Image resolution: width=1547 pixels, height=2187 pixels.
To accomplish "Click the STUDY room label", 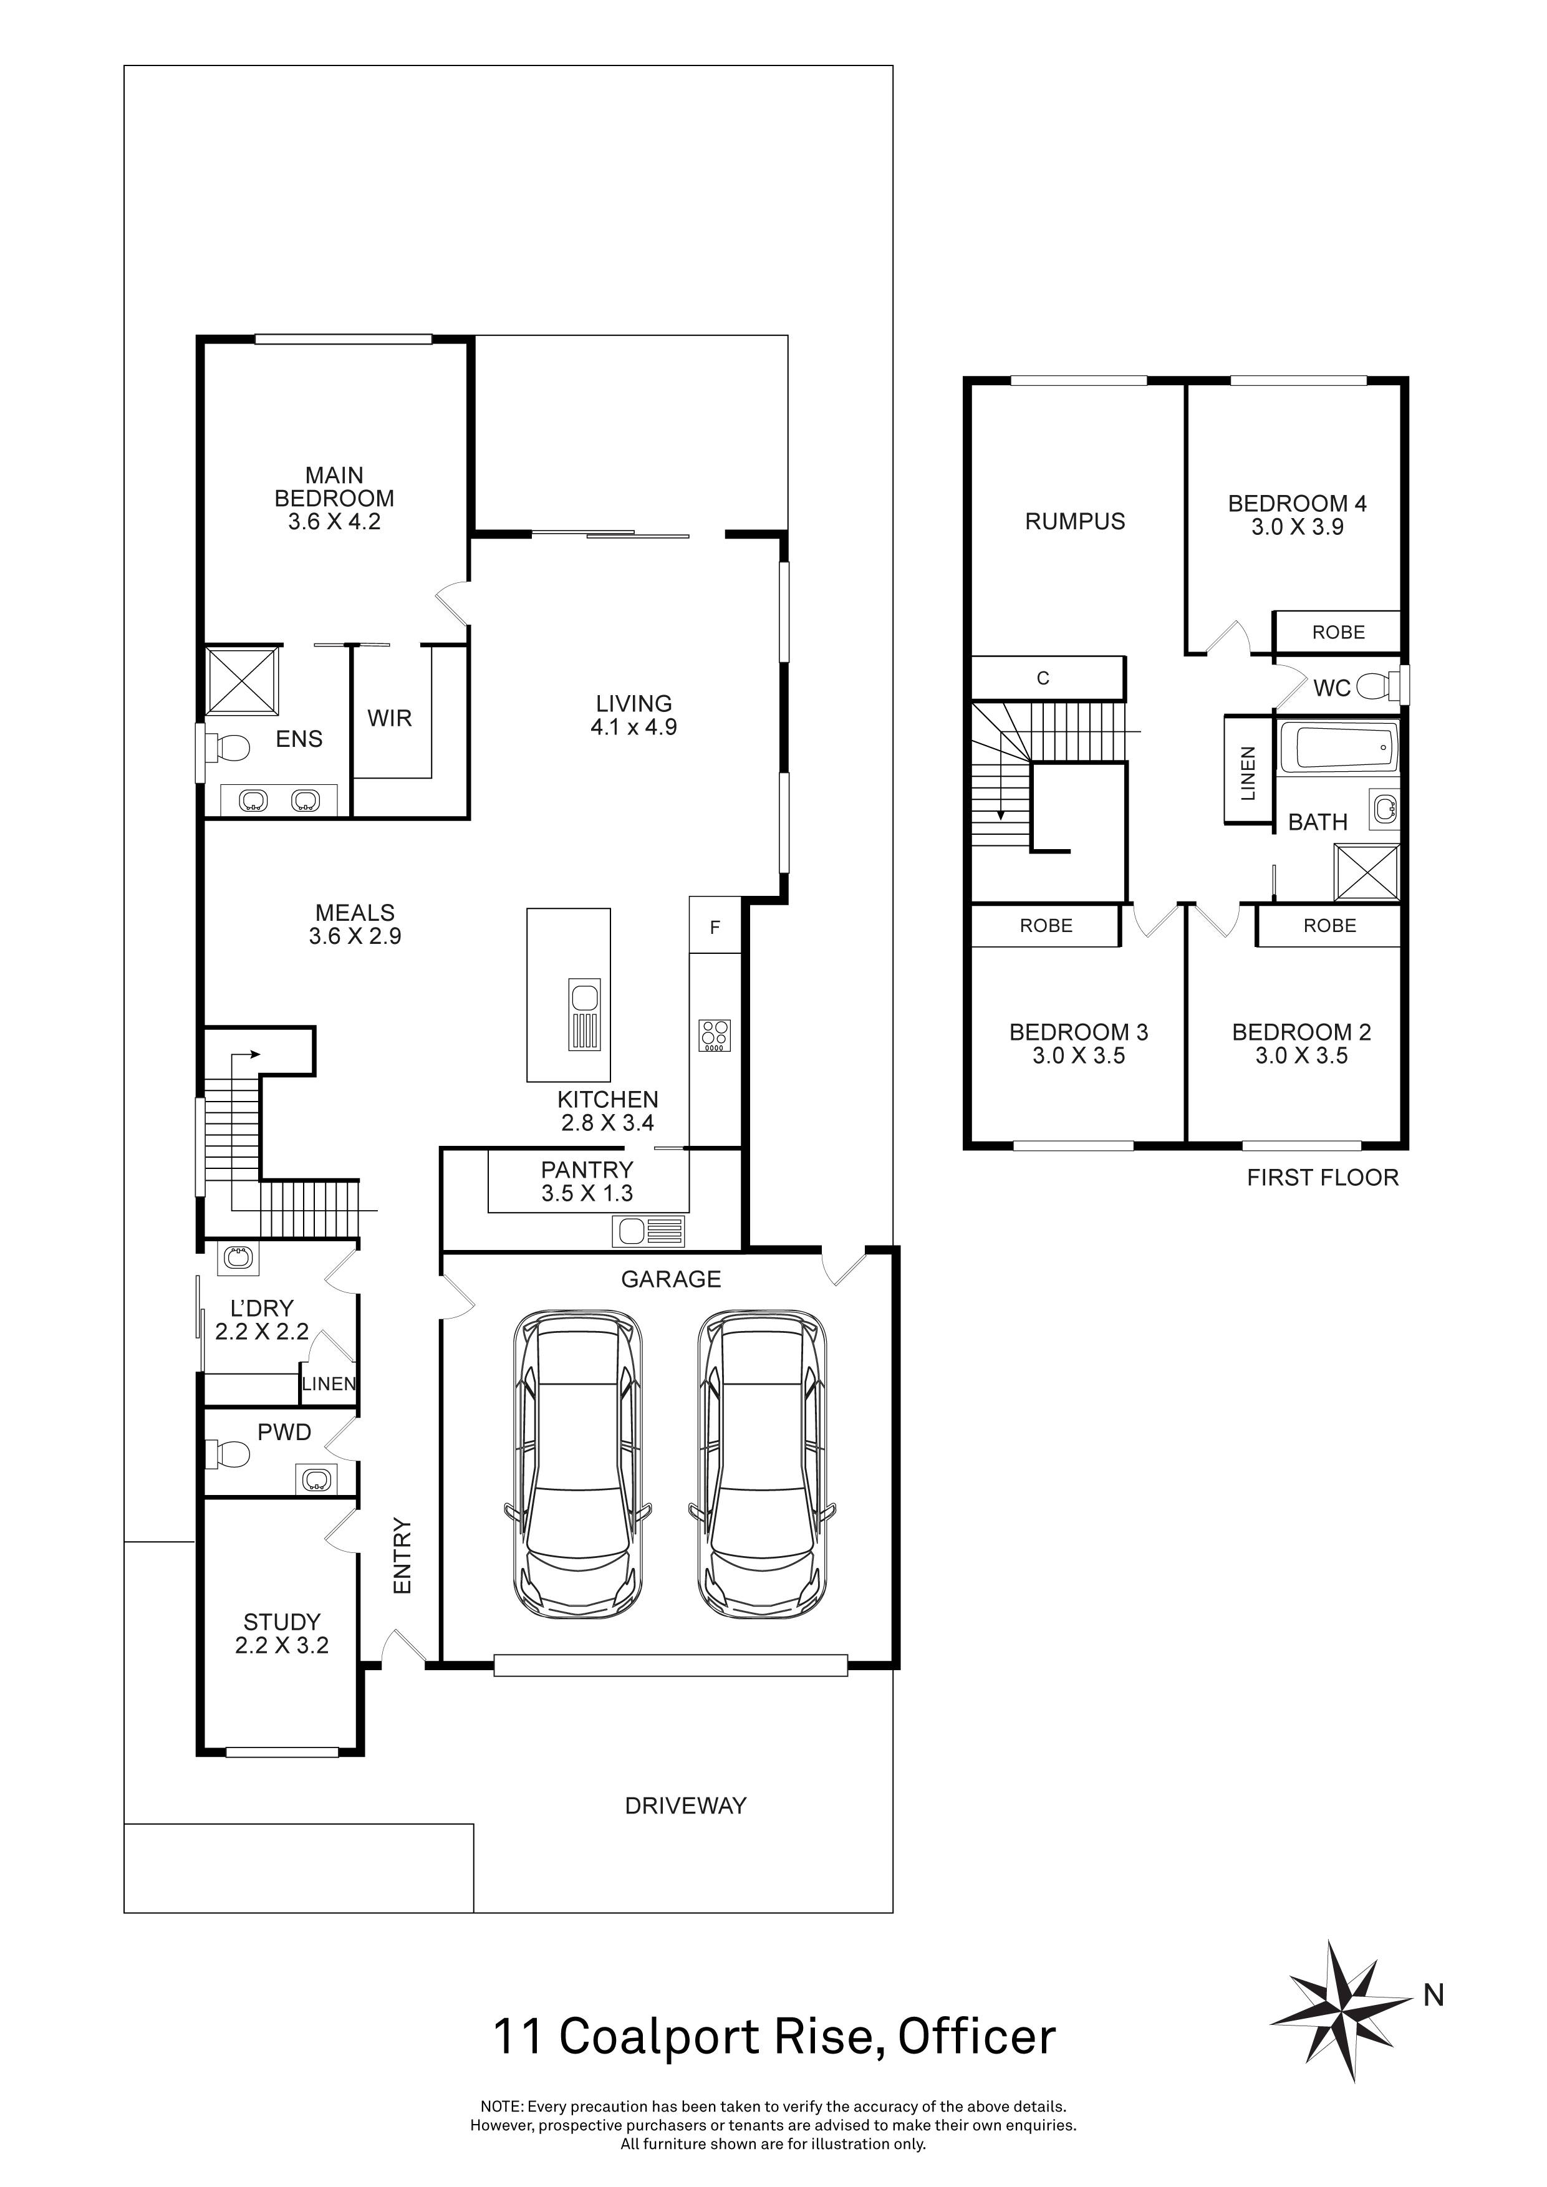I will point(282,1621).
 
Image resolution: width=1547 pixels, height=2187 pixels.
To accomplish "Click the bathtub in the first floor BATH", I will point(1338,747).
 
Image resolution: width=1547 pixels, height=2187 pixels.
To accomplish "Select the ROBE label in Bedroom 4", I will point(1337,633).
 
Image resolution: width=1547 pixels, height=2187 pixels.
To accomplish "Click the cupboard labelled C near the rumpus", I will point(1045,678).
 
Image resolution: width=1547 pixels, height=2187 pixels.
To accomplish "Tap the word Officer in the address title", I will point(976,2037).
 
